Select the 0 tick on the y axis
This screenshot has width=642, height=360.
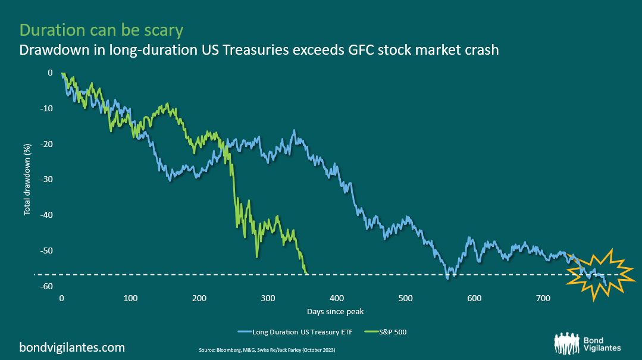tap(50, 73)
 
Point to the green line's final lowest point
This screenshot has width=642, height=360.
tap(306, 273)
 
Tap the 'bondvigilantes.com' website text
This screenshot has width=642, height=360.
tap(73, 347)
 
